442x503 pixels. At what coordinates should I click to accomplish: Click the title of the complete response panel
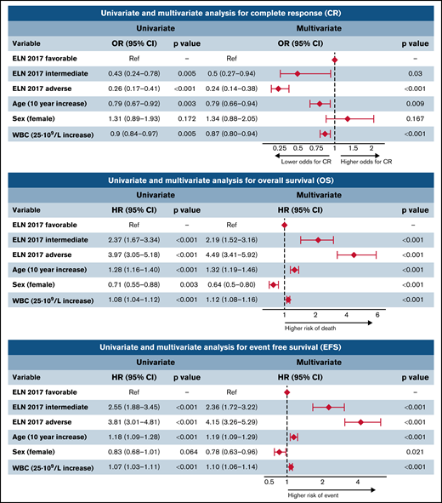click(220, 12)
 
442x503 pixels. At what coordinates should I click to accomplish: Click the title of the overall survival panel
click(220, 180)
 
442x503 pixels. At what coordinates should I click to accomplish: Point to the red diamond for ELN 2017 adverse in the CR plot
click(277, 89)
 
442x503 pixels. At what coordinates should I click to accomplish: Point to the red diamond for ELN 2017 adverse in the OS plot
click(354, 254)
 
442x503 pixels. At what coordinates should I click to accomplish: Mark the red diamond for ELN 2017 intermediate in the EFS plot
click(329, 407)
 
